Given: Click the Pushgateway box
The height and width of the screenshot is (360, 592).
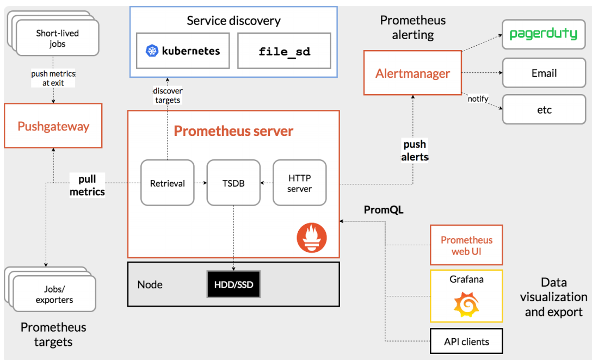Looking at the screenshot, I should click(x=53, y=127).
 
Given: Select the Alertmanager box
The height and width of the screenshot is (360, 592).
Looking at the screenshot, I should click(x=412, y=73).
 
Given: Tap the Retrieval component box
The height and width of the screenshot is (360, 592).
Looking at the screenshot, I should click(x=167, y=183).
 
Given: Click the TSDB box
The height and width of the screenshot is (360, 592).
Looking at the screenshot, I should click(x=233, y=183).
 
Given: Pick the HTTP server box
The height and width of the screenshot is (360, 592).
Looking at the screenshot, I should click(x=299, y=183).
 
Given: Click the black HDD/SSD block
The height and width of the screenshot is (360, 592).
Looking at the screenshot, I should click(x=233, y=284).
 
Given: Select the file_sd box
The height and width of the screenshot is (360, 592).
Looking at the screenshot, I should click(x=284, y=51).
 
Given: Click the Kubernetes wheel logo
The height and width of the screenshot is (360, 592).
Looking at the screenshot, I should click(x=152, y=51).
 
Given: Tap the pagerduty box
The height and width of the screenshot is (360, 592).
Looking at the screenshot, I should click(x=543, y=34).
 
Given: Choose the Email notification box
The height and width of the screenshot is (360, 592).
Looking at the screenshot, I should click(x=543, y=73).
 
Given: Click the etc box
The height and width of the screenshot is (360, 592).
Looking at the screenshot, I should click(x=543, y=110).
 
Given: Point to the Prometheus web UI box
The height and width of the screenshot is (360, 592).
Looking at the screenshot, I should click(x=466, y=245).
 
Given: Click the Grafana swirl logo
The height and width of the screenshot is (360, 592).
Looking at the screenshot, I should click(x=466, y=305).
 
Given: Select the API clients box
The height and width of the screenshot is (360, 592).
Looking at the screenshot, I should click(x=466, y=342).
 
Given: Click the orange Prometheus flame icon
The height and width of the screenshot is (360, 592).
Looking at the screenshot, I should click(x=312, y=238).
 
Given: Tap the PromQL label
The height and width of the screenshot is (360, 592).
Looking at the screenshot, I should click(x=384, y=210).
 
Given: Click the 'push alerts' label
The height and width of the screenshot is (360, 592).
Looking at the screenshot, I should click(x=415, y=151).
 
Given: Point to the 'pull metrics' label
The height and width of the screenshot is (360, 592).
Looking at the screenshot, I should click(x=87, y=185).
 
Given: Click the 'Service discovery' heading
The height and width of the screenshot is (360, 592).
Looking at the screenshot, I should click(x=233, y=21).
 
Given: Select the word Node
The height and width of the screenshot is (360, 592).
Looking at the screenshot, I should click(x=150, y=284).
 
